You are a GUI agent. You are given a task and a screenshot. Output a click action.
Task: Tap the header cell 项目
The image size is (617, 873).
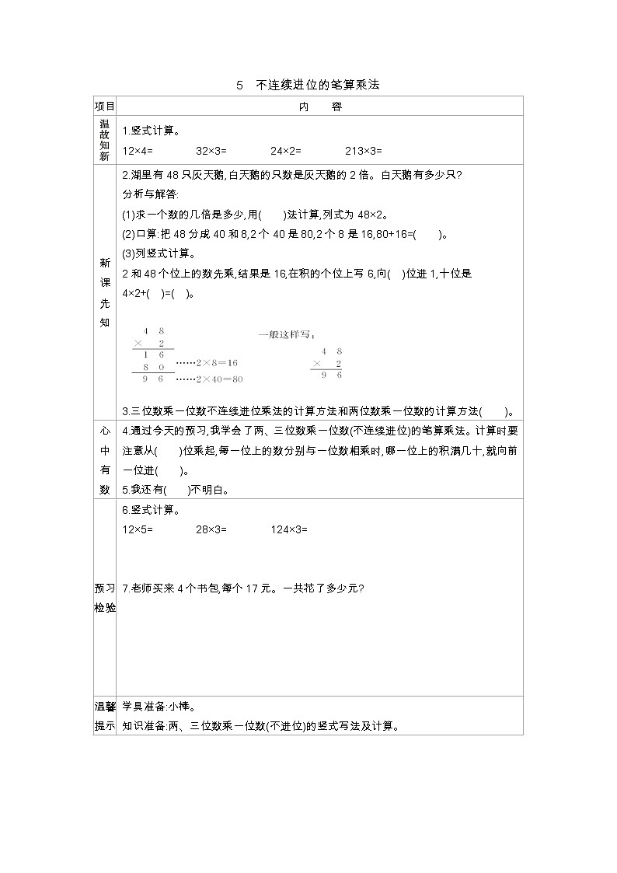point(104,107)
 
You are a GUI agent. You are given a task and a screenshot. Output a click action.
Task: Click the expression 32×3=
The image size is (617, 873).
point(211,151)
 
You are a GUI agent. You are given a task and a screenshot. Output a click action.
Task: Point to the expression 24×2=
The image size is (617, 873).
point(285,151)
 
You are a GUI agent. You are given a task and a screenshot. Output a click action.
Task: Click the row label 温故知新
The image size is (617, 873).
point(104,139)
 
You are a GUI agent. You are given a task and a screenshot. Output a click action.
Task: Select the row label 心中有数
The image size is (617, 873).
point(104,459)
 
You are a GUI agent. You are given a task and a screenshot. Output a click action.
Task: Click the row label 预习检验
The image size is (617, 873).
point(104,597)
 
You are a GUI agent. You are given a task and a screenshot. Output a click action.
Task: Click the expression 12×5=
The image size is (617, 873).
point(138,529)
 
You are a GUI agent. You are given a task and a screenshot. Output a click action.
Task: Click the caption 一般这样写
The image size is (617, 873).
point(287,335)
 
